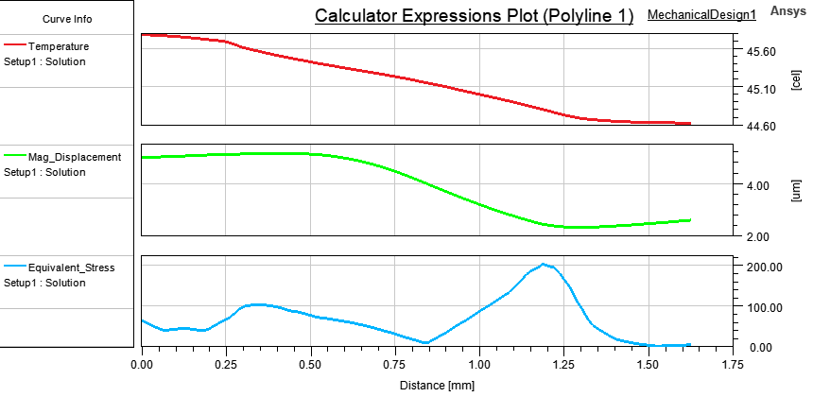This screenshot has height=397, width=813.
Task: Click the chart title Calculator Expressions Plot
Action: tap(474, 16)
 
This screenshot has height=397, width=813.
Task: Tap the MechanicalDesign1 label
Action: tap(701, 15)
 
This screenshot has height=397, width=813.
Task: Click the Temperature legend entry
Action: tap(59, 46)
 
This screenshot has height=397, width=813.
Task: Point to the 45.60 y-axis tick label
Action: tap(763, 52)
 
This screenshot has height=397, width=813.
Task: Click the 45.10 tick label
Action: tap(763, 89)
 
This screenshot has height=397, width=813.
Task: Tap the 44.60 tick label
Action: tap(763, 126)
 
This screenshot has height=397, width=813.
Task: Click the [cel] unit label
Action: tap(796, 79)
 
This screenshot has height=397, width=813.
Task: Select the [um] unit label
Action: tap(796, 190)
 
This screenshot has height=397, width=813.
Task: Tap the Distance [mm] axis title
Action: tap(436, 386)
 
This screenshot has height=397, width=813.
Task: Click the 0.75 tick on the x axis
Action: tap(395, 362)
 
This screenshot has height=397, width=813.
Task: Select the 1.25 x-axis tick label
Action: tap(564, 362)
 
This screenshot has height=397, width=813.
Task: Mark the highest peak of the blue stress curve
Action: tap(544, 265)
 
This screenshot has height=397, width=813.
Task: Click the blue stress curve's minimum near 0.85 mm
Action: tap(426, 342)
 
